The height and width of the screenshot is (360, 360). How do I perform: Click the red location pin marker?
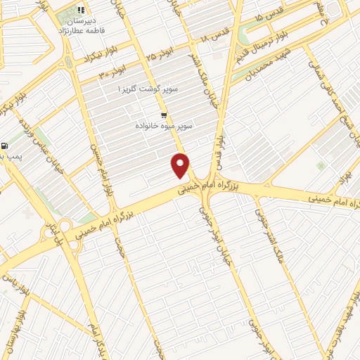(181, 165)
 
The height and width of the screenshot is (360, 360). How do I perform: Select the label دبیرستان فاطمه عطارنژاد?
(82, 25)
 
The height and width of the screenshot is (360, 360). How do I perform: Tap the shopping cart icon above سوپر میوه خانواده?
(164, 115)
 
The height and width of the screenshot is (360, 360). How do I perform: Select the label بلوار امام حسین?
(108, 176)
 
